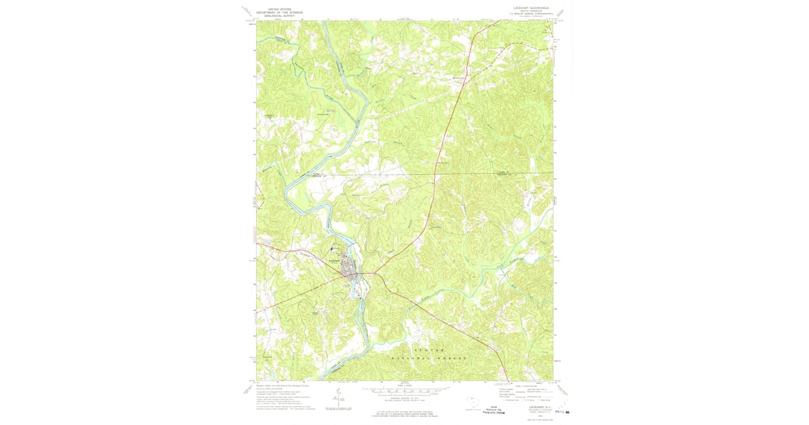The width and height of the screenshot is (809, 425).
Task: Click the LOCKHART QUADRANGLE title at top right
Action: pos(531,8)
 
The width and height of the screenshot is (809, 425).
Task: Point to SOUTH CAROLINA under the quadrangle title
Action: pos(531,11)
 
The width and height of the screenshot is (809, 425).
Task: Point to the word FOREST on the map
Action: pos(452,358)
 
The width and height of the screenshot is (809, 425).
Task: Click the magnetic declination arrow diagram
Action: pos(338,398)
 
